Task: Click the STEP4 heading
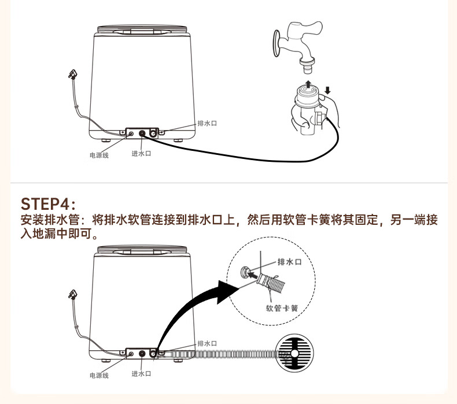pos(48,203)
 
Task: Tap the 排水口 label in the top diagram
pos(207,123)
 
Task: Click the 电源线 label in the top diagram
pos(99,155)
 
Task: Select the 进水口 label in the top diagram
pos(141,154)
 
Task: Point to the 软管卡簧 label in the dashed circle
pos(282,308)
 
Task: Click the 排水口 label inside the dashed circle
pos(289,262)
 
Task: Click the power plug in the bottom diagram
pos(72,295)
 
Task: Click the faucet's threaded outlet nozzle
pos(307,67)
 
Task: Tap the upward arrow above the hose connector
pos(308,84)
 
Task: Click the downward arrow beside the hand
pos(327,90)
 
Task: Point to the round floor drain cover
pos(294,353)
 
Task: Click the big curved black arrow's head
pos(228,291)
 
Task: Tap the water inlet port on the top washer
pos(142,134)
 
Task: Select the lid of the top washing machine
pos(142,29)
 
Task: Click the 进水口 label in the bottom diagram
pos(141,374)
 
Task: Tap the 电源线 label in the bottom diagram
pos(99,376)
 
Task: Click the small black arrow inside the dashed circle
pos(253,275)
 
